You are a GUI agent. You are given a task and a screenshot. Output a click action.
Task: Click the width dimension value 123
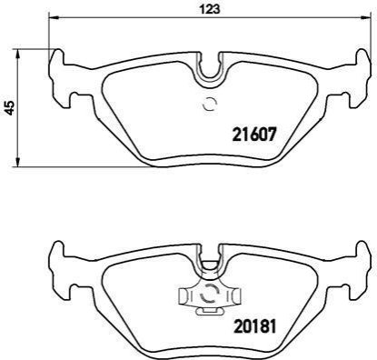[209, 9]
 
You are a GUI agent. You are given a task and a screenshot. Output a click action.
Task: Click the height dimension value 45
[10, 108]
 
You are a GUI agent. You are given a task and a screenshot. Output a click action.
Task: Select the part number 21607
[254, 135]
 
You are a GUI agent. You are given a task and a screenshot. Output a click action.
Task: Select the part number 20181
[254, 326]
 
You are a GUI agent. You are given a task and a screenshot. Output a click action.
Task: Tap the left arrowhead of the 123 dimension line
[52, 17]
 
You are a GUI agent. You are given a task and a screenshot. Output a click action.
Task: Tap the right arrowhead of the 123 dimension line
[367, 17]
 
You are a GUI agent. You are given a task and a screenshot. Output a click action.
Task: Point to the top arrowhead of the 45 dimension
[18, 53]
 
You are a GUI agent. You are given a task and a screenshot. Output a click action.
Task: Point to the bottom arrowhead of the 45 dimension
[18, 163]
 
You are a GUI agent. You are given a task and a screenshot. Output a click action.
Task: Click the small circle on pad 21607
[210, 105]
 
